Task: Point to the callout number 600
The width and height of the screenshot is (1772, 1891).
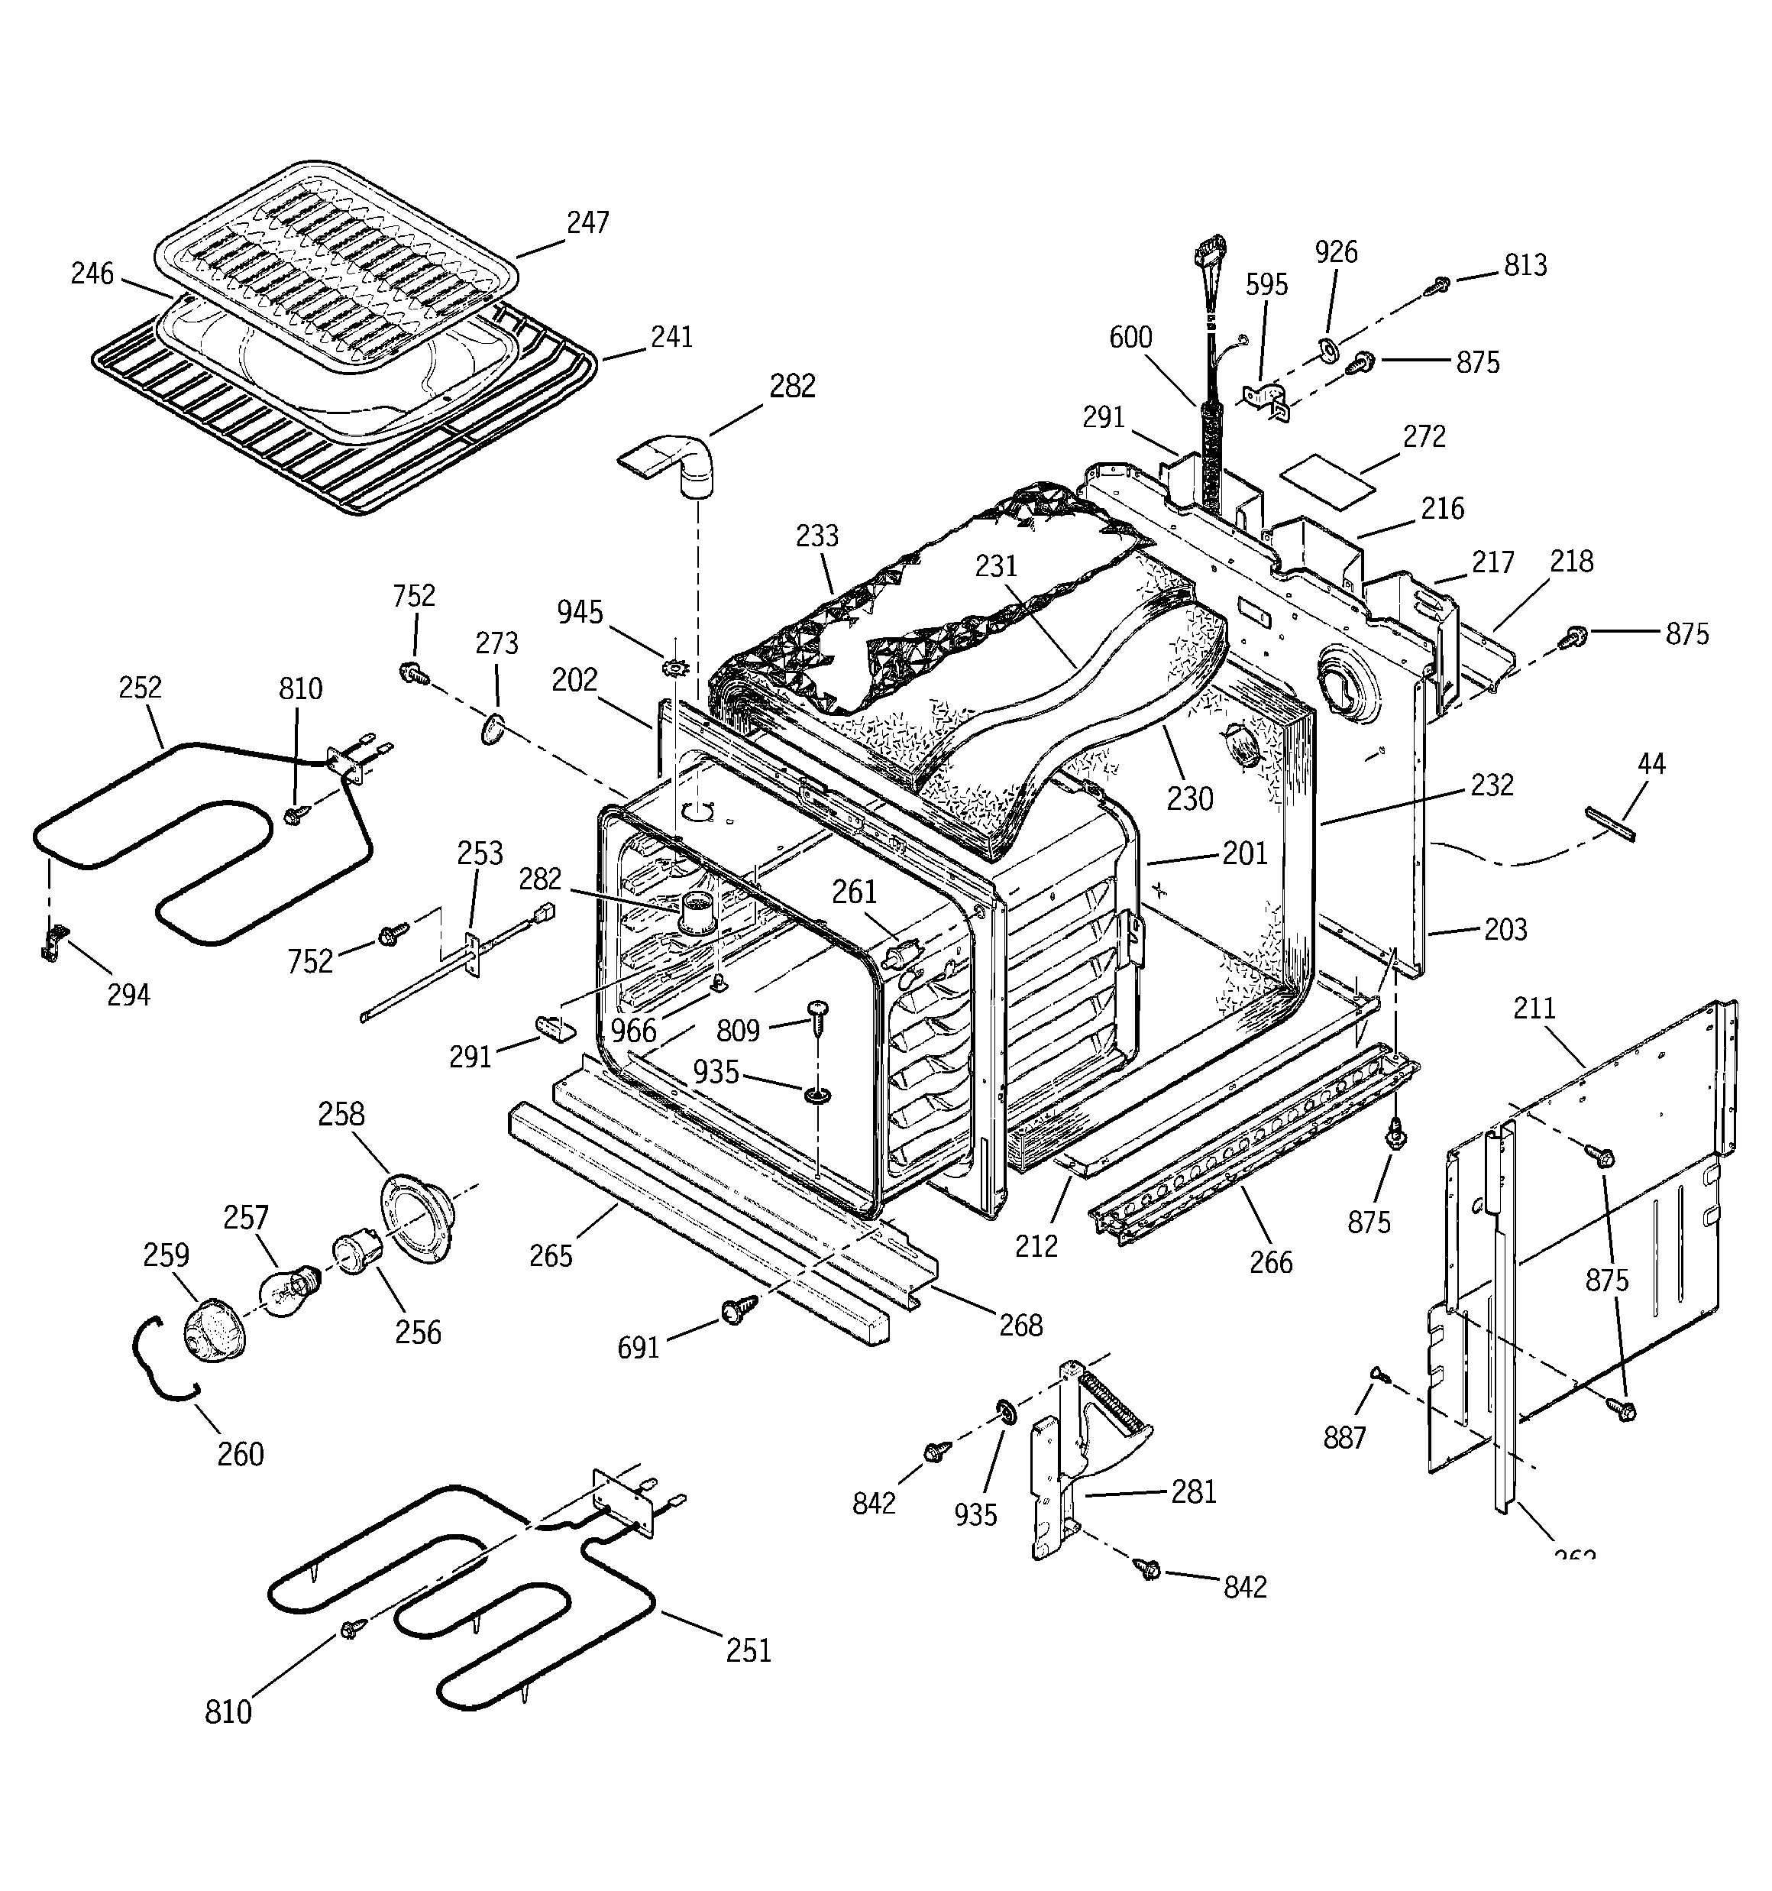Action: click(x=1130, y=338)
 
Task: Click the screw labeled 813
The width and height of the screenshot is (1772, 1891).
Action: click(x=1440, y=283)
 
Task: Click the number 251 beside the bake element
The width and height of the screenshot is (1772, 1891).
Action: click(x=748, y=1650)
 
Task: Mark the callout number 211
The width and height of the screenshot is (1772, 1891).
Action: click(x=1533, y=1009)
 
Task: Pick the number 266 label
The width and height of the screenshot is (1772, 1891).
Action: click(x=1271, y=1262)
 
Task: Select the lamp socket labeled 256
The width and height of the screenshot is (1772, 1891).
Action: click(x=354, y=1254)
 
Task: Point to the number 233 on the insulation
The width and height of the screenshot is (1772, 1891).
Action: click(x=817, y=536)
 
